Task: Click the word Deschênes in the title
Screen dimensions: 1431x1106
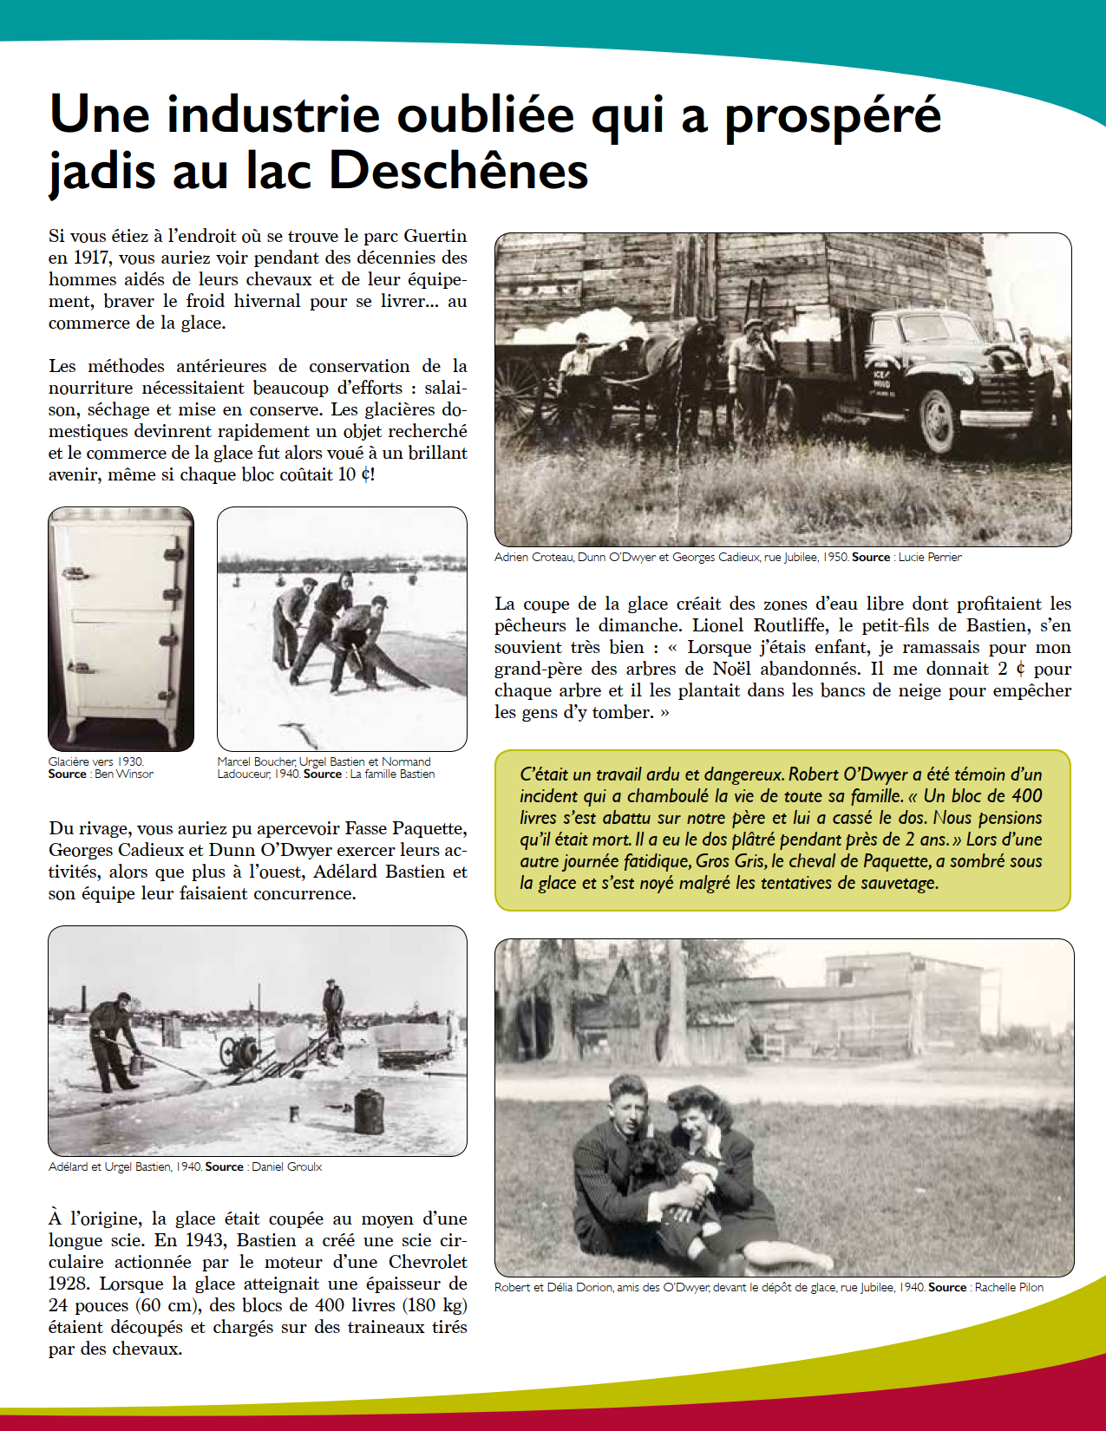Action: pos(459,170)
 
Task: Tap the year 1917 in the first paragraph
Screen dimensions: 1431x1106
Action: pos(90,258)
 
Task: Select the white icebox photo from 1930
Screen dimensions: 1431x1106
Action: pos(121,629)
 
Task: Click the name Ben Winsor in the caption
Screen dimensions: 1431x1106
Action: pos(124,774)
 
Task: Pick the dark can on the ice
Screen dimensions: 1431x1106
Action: pos(369,1112)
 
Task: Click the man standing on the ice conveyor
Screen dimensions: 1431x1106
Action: pos(332,1010)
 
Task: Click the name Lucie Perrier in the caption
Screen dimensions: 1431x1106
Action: pos(930,558)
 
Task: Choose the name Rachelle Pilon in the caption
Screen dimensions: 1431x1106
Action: pos(1009,1288)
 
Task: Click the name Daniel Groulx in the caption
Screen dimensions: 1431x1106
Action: pos(286,1167)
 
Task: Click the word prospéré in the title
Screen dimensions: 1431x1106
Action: pos(833,115)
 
